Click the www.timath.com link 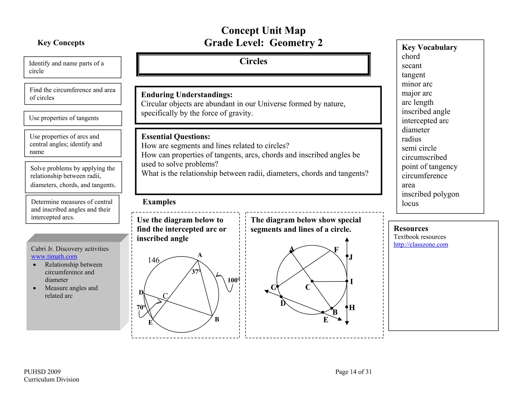(x=54, y=256)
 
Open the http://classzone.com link (x=421, y=244)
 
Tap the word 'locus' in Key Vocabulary (x=410, y=203)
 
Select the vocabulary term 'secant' (x=411, y=66)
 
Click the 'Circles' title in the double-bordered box (x=253, y=61)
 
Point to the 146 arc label (x=154, y=260)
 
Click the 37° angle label (x=196, y=272)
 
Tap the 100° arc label (x=233, y=280)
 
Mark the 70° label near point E (x=141, y=307)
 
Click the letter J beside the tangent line (x=351, y=257)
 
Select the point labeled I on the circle (x=347, y=281)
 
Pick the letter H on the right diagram (x=352, y=308)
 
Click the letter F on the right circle (x=336, y=250)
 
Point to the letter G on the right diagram (x=273, y=288)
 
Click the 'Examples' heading (x=159, y=202)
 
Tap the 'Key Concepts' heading (x=61, y=43)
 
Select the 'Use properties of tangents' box (x=73, y=118)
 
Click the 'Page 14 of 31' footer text (x=353, y=372)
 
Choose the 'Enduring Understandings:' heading (x=187, y=95)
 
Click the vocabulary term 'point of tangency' (x=429, y=167)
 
